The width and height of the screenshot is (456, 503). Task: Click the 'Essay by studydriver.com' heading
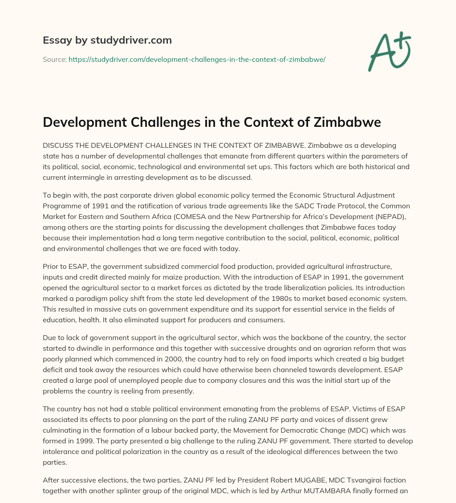click(107, 41)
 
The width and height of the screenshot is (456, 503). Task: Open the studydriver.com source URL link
click(197, 59)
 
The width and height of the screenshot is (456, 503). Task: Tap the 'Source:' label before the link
click(54, 59)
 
